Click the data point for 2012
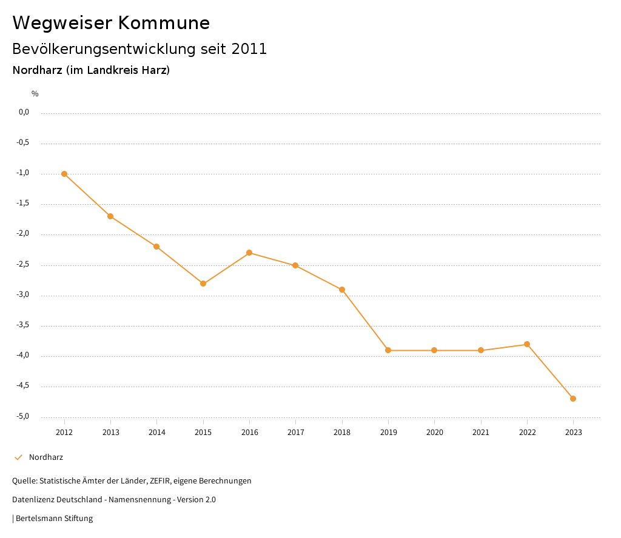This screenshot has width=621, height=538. pos(64,174)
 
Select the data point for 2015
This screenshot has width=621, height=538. pos(203,284)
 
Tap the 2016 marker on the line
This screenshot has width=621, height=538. pos(249,253)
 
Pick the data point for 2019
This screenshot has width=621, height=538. pos(388,350)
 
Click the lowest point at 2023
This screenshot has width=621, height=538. pos(573,399)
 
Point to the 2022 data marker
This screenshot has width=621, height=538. pos(527,344)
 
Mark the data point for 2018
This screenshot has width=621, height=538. pos(342,290)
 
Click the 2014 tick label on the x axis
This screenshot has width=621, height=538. pos(156,433)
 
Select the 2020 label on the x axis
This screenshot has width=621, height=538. pos(434,433)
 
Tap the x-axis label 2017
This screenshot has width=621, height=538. pos(295,433)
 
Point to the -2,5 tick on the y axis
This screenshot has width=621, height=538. pos(24,265)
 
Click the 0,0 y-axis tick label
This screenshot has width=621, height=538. pos(24,113)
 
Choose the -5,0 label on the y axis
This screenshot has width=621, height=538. pos(24,417)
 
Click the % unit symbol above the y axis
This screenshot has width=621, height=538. pos(35,94)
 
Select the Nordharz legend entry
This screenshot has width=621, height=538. pos(45,457)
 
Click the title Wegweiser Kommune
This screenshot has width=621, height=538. pos(111,23)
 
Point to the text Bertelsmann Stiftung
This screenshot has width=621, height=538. pos(54,519)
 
